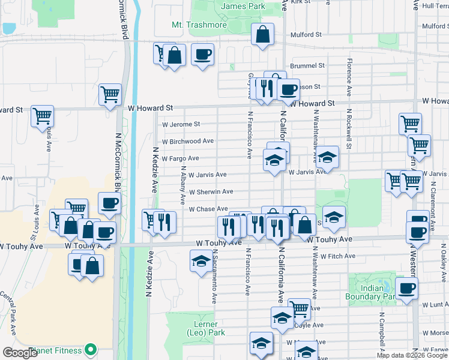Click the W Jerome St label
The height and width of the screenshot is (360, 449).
181,124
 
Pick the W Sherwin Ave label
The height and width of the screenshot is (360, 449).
211,192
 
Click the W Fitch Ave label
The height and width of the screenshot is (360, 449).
338,256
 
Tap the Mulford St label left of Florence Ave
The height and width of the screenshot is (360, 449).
310,35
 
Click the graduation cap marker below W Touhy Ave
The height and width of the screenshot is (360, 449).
200,260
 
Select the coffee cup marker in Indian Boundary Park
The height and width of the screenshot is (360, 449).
406,288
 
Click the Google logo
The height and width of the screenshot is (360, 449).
20,353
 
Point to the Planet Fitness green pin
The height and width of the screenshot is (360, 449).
91,349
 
